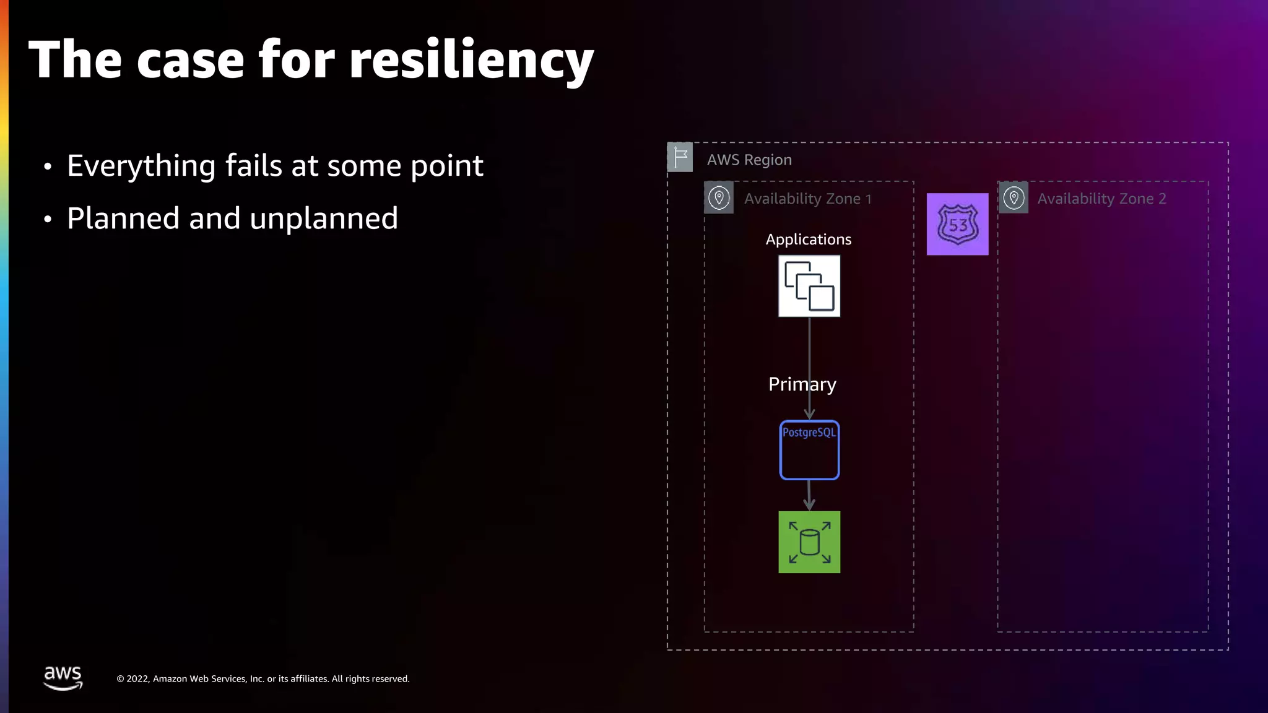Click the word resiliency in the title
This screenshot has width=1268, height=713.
tap(471, 61)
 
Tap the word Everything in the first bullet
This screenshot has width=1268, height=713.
tap(141, 166)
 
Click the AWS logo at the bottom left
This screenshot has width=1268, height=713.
tap(63, 678)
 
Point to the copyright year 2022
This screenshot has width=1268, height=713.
tap(137, 679)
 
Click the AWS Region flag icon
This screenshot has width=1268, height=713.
tap(680, 157)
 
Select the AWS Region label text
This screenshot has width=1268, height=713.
tap(749, 160)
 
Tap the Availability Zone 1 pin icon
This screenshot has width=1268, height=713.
tap(719, 198)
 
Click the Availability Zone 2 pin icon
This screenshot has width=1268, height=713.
tap(1014, 198)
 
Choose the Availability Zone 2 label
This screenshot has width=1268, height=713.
tap(1101, 199)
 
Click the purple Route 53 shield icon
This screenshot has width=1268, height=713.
tap(957, 224)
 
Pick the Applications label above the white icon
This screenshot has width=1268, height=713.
tap(808, 240)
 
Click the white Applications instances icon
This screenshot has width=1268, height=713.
tap(809, 286)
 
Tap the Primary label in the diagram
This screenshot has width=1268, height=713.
tap(802, 384)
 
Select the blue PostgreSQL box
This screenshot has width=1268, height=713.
tap(809, 451)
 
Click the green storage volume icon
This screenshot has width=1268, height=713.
tap(809, 542)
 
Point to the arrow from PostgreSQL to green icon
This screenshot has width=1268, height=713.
tap(809, 495)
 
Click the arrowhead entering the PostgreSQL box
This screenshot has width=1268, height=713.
tap(809, 413)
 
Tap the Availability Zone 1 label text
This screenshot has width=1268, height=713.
tap(807, 199)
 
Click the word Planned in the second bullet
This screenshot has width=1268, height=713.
tap(123, 218)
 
